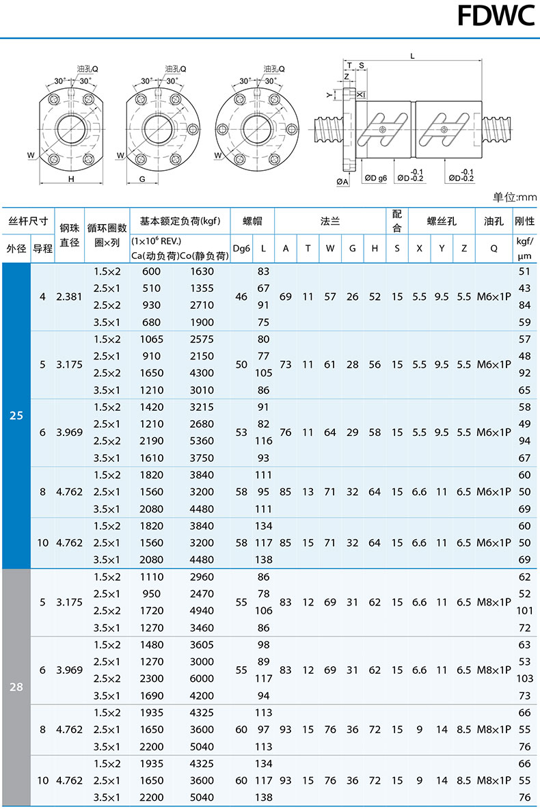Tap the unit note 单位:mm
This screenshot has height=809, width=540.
tap(514, 197)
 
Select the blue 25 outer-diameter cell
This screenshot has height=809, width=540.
tap(16, 415)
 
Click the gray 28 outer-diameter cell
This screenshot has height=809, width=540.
tap(16, 687)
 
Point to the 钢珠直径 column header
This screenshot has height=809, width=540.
tap(69, 235)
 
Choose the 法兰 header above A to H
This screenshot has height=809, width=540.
tap(330, 221)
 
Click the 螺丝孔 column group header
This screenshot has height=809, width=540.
tap(442, 221)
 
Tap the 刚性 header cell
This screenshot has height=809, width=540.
tap(524, 221)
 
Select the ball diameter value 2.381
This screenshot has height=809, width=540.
tap(69, 297)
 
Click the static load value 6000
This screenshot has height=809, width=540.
tap(202, 679)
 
